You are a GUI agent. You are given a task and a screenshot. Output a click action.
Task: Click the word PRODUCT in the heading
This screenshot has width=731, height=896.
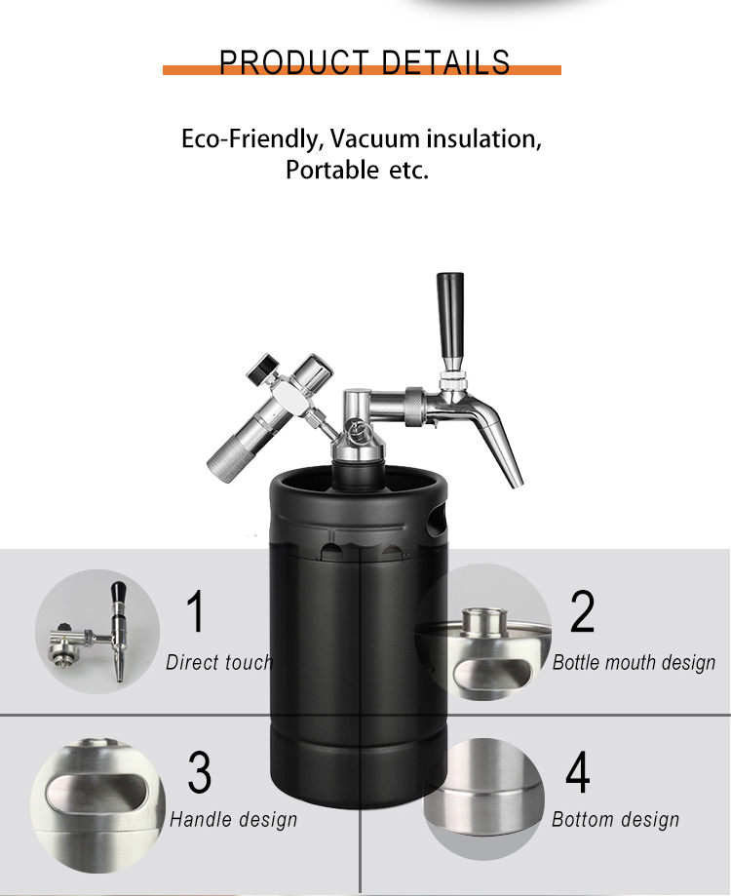point(294,62)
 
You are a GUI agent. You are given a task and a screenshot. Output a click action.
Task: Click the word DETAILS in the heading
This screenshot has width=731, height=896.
point(445,62)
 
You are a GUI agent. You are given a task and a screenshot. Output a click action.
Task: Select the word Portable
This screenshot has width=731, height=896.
point(331,170)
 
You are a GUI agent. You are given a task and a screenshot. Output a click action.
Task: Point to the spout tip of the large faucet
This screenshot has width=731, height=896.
point(516,483)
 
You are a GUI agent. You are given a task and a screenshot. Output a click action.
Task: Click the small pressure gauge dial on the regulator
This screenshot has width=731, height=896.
point(260,367)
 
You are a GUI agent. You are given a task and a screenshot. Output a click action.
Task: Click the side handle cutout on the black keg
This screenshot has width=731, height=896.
point(437,520)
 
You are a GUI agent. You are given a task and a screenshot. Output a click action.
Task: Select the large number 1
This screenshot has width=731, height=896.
point(196,611)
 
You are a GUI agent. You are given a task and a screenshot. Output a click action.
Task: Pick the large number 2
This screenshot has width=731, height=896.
point(583,611)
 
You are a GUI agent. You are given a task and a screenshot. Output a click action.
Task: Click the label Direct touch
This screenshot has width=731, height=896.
point(219,662)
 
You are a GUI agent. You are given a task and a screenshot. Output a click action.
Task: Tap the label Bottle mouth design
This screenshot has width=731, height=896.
point(634,663)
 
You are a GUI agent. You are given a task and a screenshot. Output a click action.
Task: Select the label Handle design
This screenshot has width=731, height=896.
point(234,819)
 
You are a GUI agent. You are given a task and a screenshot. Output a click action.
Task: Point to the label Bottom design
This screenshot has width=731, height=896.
point(616,819)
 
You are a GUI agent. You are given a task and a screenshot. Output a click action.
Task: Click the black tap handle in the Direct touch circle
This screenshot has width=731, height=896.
point(118,597)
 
